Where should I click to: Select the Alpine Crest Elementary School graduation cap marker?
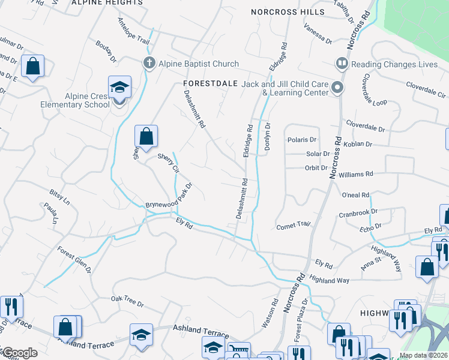(119, 88)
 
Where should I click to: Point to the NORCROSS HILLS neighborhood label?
(288, 11)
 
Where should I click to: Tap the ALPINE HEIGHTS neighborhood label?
(107, 3)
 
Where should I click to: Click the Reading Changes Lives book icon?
(342, 63)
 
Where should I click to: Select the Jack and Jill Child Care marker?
(337, 88)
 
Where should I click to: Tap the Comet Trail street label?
(293, 226)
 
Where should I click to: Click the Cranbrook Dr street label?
(357, 212)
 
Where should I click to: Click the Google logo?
(20, 352)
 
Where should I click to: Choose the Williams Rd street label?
(355, 173)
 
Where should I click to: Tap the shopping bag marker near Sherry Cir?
(146, 137)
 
